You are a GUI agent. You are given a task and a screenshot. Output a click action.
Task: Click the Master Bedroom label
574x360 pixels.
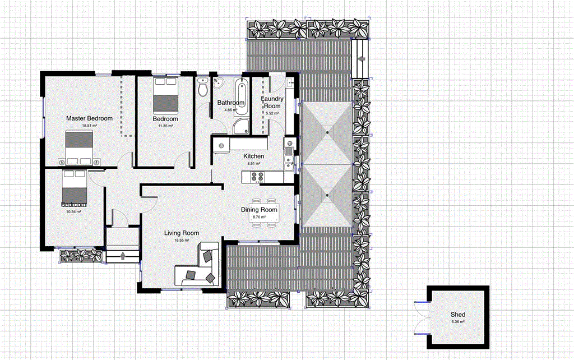click(x=89, y=118)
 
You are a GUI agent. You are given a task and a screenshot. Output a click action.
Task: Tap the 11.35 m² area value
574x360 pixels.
click(x=165, y=126)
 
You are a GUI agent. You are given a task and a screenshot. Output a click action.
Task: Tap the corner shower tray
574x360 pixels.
click(x=242, y=126)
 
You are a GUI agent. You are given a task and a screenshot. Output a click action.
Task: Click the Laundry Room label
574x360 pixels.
click(x=272, y=103)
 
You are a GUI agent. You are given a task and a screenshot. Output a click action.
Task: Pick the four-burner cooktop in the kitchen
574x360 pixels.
click(x=257, y=177)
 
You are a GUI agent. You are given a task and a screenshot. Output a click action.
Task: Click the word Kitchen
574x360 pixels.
click(x=253, y=156)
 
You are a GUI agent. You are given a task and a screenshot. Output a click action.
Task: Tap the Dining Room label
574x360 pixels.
click(x=259, y=210)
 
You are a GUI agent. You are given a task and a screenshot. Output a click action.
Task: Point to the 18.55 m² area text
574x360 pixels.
click(x=182, y=240)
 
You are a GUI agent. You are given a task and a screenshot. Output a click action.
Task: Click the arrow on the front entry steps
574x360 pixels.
click(x=123, y=257)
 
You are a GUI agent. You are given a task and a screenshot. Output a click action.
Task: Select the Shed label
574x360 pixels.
click(x=458, y=315)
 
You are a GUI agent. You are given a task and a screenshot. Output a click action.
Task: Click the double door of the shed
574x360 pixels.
click(x=420, y=319)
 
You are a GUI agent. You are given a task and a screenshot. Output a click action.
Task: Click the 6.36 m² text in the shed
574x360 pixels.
click(x=458, y=322)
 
